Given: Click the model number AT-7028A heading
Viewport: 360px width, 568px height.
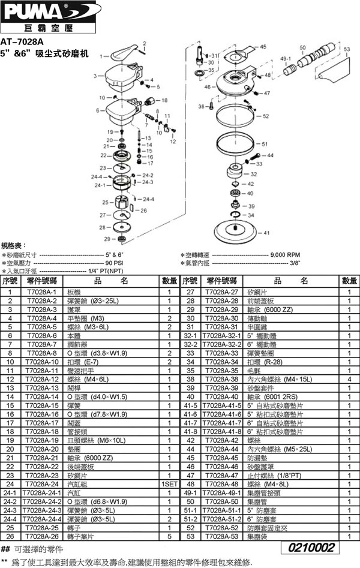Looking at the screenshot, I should click(x=22, y=42).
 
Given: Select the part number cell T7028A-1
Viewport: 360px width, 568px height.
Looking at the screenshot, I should click(x=41, y=291).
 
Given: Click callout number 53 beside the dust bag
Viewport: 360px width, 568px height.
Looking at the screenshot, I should click(x=347, y=50).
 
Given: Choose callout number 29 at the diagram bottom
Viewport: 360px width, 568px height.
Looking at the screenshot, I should click(x=106, y=239).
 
